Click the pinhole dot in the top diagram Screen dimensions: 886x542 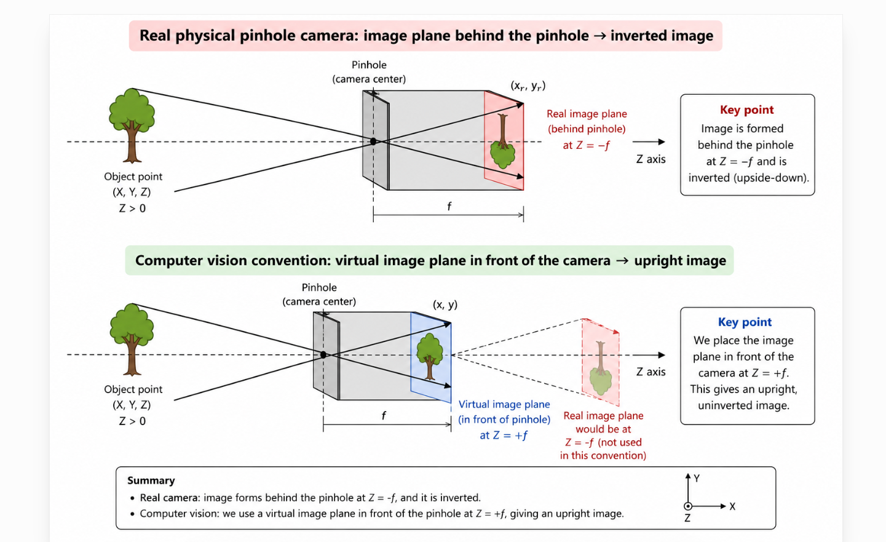click(x=373, y=141)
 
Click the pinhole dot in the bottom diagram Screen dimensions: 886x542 click(x=323, y=355)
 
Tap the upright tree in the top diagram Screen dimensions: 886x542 click(x=132, y=126)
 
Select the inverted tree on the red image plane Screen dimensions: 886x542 click(x=502, y=141)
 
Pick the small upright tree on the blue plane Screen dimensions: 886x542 click(x=430, y=356)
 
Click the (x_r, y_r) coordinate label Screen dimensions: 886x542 click(x=528, y=86)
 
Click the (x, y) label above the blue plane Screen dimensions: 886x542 click(x=445, y=305)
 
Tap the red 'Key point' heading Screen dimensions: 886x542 click(x=746, y=110)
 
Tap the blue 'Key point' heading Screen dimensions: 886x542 click(x=745, y=322)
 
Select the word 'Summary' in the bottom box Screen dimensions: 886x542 click(x=151, y=480)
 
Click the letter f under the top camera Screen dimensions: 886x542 click(x=449, y=206)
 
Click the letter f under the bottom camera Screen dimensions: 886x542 click(x=383, y=415)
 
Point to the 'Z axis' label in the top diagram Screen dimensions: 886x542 click(x=651, y=159)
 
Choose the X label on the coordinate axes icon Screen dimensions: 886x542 click(x=732, y=506)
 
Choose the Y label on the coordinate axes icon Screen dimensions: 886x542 click(x=697, y=479)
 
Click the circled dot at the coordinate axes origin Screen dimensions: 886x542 click(x=688, y=506)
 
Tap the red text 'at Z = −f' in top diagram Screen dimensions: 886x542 click(x=586, y=145)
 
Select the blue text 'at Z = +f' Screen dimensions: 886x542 click(x=504, y=436)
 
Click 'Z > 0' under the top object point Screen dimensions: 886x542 click(x=132, y=208)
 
